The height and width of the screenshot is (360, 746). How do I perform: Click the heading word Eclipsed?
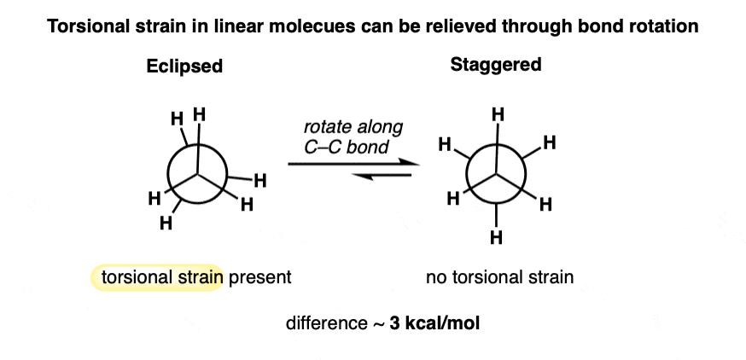tap(184, 67)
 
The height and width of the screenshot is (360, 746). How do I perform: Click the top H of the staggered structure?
tap(498, 113)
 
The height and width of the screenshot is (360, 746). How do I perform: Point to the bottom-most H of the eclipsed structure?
tap(166, 224)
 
